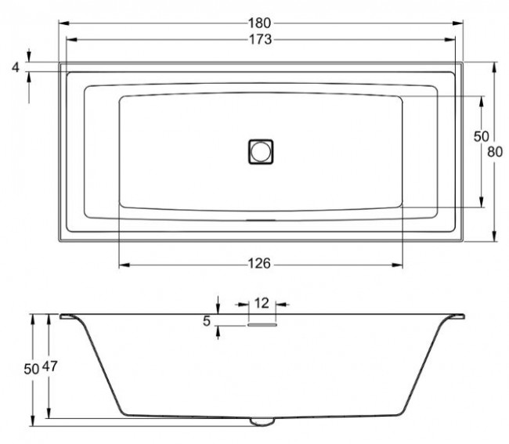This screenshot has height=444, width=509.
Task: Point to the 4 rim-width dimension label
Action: (15, 68)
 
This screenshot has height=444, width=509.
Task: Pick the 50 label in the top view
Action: (481, 136)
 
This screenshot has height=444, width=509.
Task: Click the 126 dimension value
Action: (261, 264)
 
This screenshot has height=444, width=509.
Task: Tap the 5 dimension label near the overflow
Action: (207, 319)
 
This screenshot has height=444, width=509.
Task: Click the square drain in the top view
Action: (261, 150)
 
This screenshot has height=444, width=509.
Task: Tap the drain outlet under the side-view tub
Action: (262, 422)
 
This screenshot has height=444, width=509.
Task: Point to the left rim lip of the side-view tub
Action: (69, 317)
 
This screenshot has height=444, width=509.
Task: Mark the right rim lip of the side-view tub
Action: (455, 317)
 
